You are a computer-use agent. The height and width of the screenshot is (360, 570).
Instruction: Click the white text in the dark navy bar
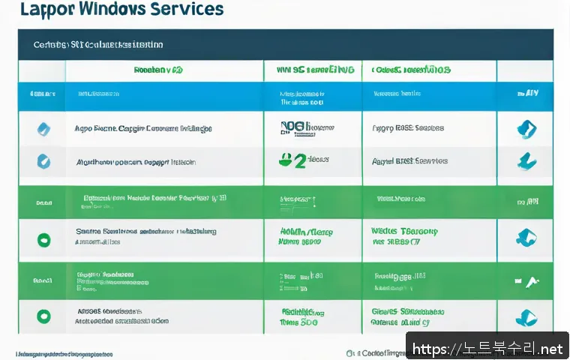pos(98,44)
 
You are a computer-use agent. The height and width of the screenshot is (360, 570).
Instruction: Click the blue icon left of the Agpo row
pos(43,128)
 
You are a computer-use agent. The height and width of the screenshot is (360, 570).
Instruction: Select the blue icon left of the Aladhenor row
pos(43,160)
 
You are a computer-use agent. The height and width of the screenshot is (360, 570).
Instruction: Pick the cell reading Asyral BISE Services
pos(409,160)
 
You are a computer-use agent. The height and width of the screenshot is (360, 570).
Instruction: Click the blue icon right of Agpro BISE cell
pos(526,128)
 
